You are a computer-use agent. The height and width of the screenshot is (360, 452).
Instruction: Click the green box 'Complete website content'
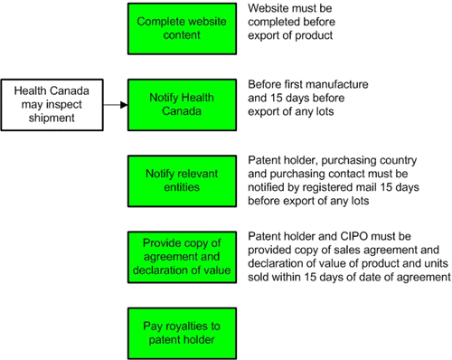point(182,28)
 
